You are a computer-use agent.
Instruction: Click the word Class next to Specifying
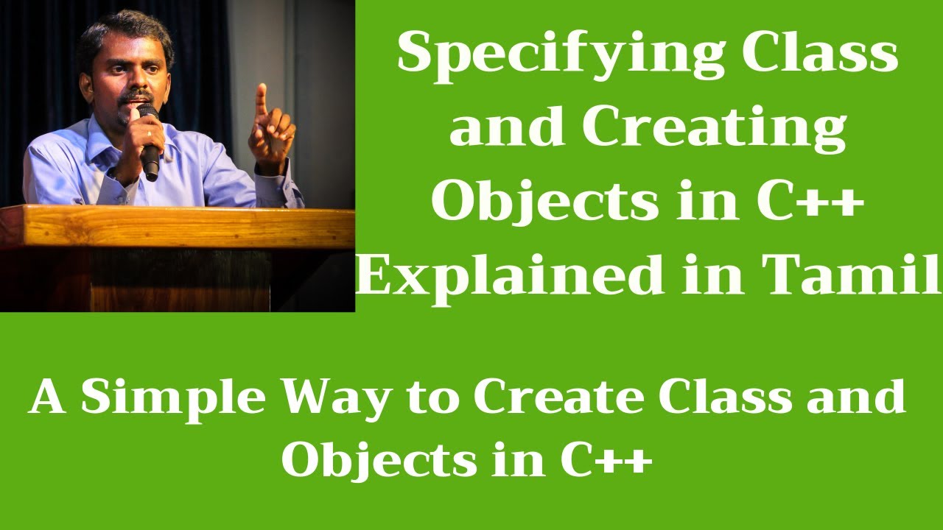820,54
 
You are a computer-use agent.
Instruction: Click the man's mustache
136,96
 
